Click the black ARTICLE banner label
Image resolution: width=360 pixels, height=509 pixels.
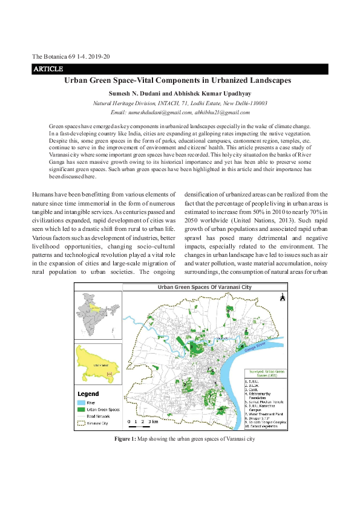pyautogui.click(x=44, y=70)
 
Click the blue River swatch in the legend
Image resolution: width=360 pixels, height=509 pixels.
pyautogui.click(x=82, y=402)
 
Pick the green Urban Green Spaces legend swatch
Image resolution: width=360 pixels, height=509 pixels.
pyautogui.click(x=82, y=409)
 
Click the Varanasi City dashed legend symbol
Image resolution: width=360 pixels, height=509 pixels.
pyautogui.click(x=82, y=423)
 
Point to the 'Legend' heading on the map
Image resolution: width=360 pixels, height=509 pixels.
pyautogui.click(x=89, y=394)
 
